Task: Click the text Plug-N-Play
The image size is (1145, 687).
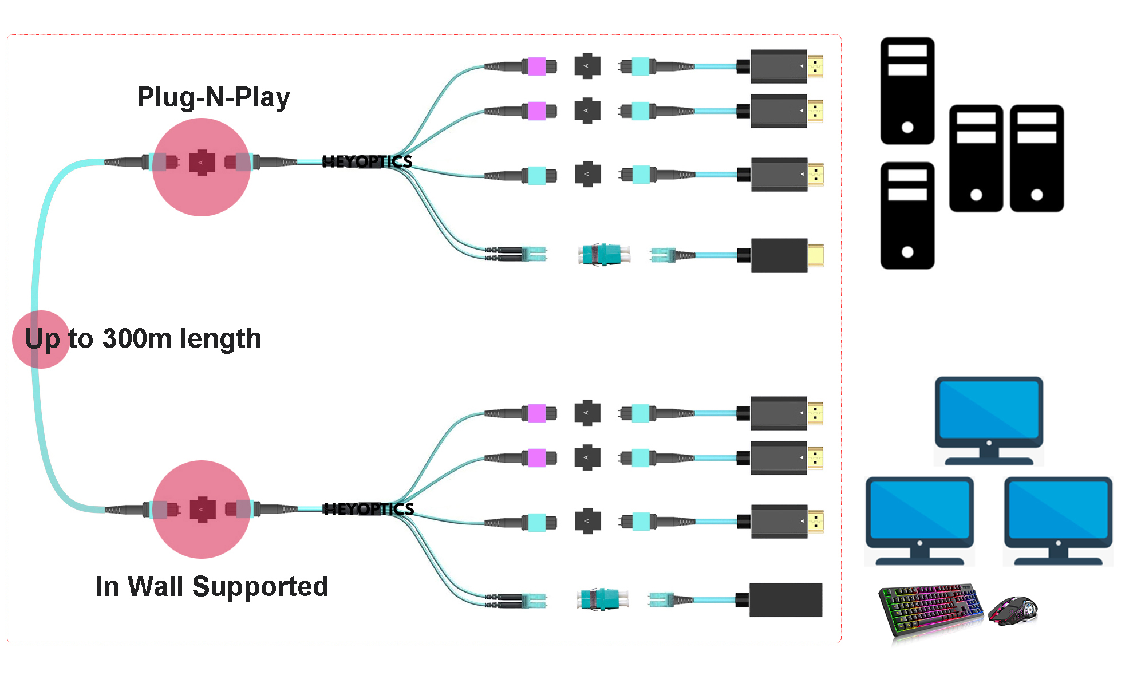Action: coord(214,97)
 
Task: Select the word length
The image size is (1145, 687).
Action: coord(220,338)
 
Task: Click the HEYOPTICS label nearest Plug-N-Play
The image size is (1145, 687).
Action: coord(367,162)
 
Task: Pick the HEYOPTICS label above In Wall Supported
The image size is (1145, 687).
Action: coord(369,509)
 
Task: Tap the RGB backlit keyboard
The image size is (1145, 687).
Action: coord(931,610)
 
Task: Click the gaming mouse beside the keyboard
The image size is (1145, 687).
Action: coord(1013,610)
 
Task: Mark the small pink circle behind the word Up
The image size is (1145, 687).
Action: coord(41,339)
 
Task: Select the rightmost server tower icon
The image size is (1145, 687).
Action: coord(1037,158)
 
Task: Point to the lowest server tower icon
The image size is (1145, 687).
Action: coord(907,215)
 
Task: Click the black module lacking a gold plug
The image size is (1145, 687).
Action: coord(785,600)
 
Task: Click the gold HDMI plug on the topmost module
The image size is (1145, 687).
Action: coord(815,66)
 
